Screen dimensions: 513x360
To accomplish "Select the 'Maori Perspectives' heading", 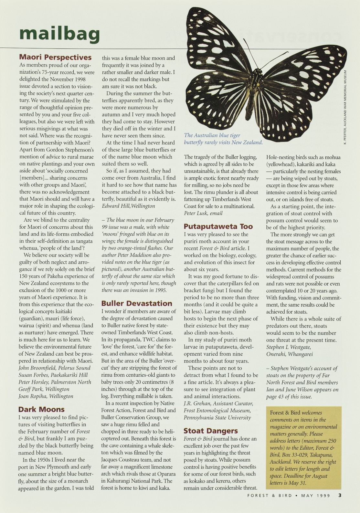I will click(56, 58).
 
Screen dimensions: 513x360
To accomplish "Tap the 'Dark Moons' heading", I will click(41, 410).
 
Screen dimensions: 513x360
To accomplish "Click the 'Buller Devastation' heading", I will click(137, 303).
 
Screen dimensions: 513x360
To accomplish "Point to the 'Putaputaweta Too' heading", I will click(218, 226).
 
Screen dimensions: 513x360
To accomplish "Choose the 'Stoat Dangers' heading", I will click(210, 431).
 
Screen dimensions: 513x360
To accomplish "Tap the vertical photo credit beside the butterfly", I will click(345, 107).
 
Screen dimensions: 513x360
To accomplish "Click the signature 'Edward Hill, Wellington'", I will click(128, 206).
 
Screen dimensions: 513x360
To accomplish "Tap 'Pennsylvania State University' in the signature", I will click(217, 417).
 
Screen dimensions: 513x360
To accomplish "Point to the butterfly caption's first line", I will click(212, 135).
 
